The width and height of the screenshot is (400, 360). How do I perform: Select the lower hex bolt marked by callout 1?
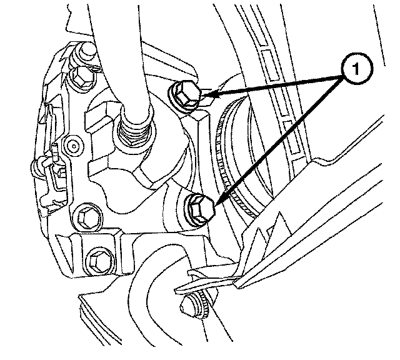pyautogui.click(x=201, y=209)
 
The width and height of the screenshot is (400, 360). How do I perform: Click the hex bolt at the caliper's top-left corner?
pyautogui.click(x=81, y=77)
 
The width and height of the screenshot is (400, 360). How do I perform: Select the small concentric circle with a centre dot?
pyautogui.click(x=74, y=146)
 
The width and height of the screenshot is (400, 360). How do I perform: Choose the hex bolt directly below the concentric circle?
pyautogui.click(x=87, y=217)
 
